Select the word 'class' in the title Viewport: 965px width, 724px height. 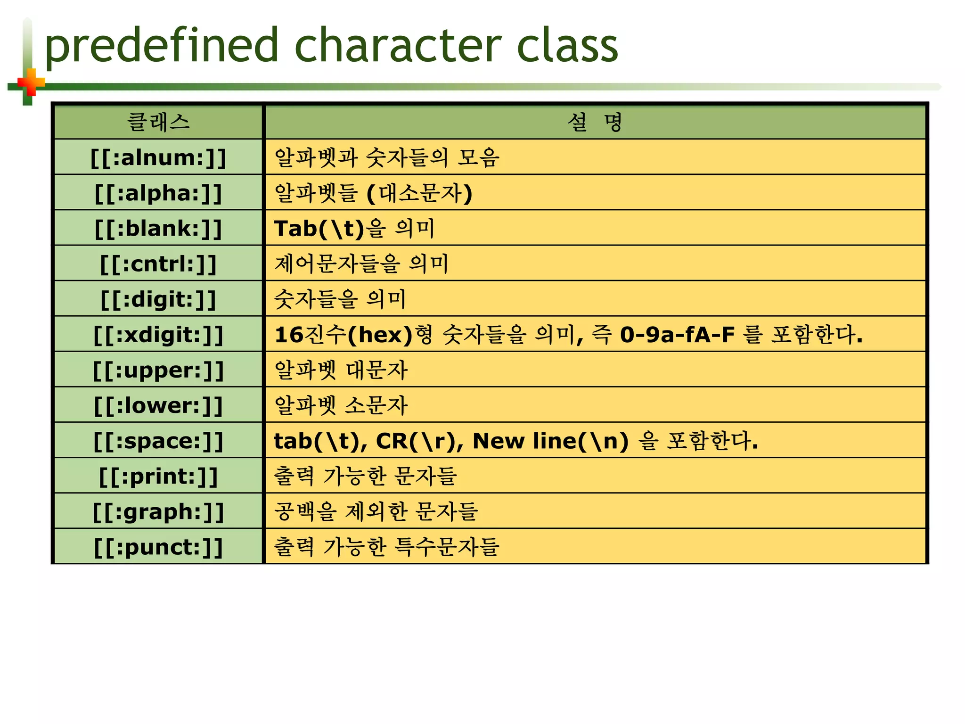coord(567,46)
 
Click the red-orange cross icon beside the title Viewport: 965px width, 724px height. coord(31,83)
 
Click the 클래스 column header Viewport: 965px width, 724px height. coord(158,122)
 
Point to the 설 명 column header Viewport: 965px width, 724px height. coord(595,122)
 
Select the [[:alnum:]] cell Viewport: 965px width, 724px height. coord(158,157)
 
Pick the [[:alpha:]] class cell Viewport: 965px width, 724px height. coord(158,193)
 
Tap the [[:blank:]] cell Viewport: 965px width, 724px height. coord(158,228)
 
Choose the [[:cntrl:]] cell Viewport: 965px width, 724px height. coord(158,263)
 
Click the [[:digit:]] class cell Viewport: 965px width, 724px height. coord(158,299)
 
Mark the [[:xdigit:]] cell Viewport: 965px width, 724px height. coord(158,334)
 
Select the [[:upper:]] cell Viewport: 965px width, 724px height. coord(158,370)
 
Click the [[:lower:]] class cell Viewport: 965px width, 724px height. coord(158,405)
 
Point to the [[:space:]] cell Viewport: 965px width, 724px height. coord(158,440)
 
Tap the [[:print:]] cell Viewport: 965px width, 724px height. coord(158,476)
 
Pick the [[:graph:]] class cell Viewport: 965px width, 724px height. coord(158,511)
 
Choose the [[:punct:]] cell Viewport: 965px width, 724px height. coord(158,546)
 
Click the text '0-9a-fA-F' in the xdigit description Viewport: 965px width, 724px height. coord(677,335)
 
